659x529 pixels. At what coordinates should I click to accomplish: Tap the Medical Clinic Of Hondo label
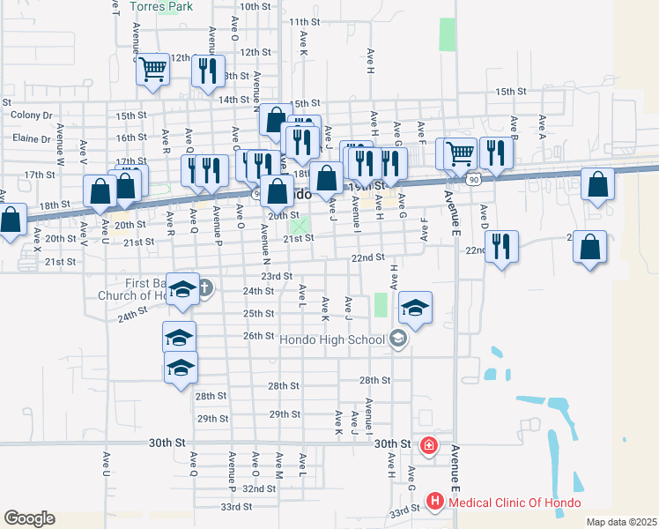pos(515,503)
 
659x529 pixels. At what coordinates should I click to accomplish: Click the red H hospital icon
pos(435,503)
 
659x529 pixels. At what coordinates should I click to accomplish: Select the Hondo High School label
pos(332,339)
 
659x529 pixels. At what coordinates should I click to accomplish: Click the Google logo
pos(29,518)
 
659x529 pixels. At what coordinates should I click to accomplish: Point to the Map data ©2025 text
pos(620,522)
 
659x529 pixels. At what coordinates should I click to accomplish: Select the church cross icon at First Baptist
pos(204,287)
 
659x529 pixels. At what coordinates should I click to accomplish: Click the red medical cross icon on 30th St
pos(429,447)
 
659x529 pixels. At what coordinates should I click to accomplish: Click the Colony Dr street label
pos(32,115)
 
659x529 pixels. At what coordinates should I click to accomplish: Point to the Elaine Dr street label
pos(32,138)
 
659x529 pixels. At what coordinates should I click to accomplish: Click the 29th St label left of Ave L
pos(213,419)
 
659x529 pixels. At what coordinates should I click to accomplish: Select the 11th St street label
pos(304,22)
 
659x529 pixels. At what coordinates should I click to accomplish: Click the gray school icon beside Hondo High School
pos(397,339)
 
